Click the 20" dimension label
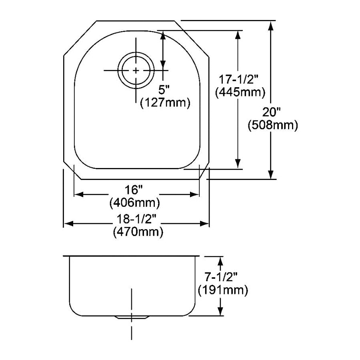click(272, 112)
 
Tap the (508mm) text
click(273, 125)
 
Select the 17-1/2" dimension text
click(239, 80)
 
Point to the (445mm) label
click(240, 92)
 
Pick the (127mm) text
click(165, 103)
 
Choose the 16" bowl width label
click(134, 190)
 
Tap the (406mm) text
click(135, 203)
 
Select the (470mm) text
click(138, 232)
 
